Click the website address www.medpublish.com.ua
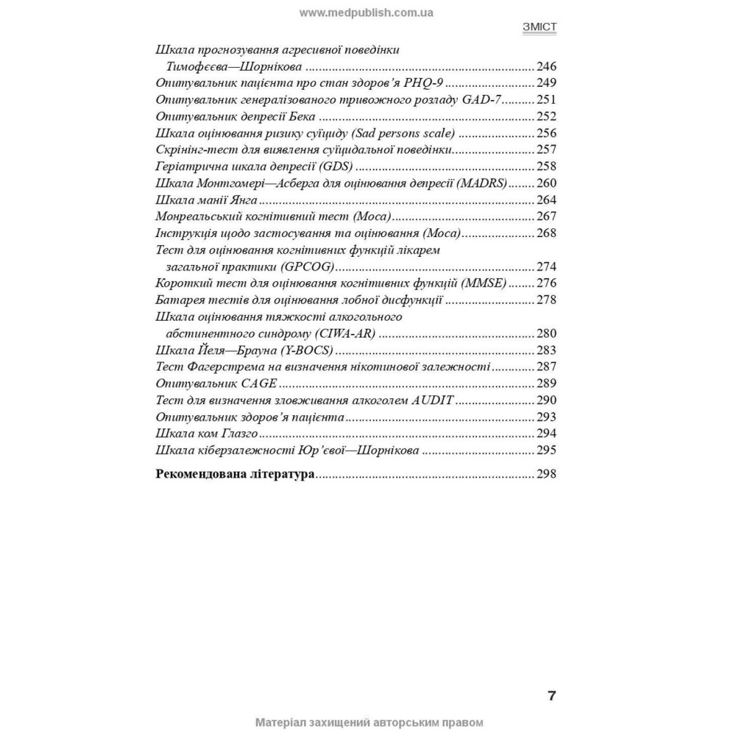(367, 12)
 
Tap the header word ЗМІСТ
(539, 27)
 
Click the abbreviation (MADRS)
(482, 183)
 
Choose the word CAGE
(258, 383)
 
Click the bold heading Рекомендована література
(236, 475)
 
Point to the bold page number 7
(551, 696)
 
